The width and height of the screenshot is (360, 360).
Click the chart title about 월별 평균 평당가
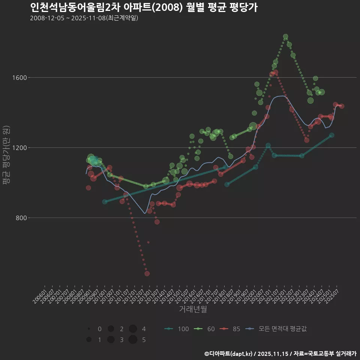point(144,7)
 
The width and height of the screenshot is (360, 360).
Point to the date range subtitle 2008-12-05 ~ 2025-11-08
point(84,18)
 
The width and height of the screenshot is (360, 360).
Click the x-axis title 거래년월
point(193,309)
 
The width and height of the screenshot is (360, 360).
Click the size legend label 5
point(144,340)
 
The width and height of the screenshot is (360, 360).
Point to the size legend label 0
point(99,329)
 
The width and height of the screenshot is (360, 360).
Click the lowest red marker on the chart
point(147,273)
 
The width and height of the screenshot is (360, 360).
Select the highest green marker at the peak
point(285,36)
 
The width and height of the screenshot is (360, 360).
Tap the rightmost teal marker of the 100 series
point(331,135)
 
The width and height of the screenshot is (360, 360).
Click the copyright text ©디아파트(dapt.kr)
point(229,354)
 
